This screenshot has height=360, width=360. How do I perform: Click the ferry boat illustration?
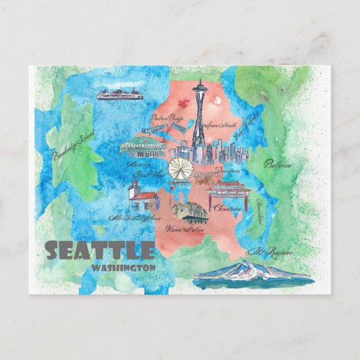119,94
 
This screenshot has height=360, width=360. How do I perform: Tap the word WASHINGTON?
122,267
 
